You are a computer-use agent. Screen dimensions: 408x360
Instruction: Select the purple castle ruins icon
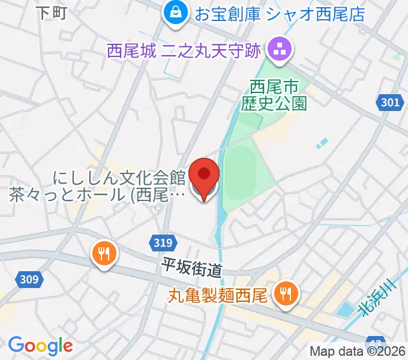tap(279, 49)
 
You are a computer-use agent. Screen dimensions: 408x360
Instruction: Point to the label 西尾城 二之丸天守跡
tap(184, 50)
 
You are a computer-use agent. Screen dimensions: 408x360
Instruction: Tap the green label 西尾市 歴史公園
tap(274, 96)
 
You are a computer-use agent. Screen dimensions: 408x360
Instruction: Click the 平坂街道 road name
tap(191, 268)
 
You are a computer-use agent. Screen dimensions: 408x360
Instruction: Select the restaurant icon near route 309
tap(104, 253)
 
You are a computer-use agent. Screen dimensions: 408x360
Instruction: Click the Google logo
tap(40, 346)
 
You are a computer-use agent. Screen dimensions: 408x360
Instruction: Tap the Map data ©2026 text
tap(358, 352)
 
